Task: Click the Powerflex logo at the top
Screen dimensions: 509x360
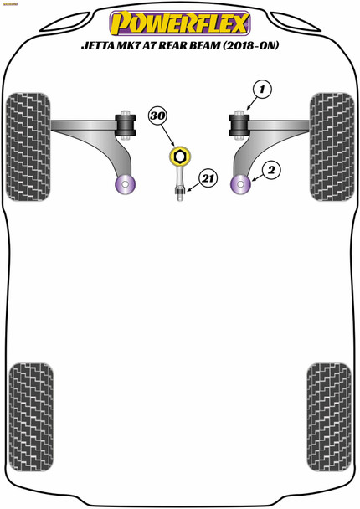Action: [179, 23]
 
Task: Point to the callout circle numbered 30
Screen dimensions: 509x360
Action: [158, 116]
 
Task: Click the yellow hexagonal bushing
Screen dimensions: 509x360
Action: [179, 156]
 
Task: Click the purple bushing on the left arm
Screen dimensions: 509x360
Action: [126, 183]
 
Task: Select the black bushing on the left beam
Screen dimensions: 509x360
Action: [129, 126]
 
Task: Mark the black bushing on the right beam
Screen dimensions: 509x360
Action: [239, 126]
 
